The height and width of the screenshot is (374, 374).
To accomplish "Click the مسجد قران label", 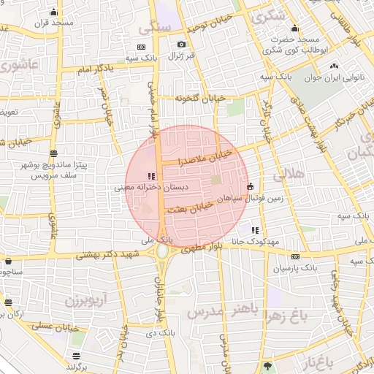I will [53, 23].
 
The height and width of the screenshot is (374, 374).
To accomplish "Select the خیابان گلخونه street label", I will [196, 97].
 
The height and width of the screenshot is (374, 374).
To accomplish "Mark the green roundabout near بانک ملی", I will [161, 251].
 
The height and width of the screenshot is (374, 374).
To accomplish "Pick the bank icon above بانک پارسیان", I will [294, 256].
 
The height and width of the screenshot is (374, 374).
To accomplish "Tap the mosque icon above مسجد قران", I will [53, 12].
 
